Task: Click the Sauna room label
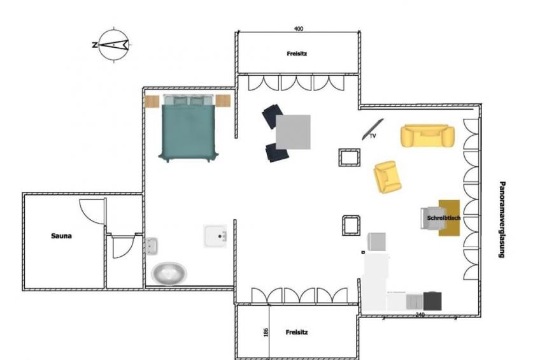click(x=61, y=236)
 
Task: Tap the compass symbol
click(x=113, y=45)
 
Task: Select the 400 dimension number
click(x=299, y=29)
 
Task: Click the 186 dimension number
click(x=266, y=333)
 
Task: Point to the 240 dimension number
click(x=420, y=315)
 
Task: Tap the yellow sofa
click(x=427, y=136)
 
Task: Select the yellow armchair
click(x=387, y=177)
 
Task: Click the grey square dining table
click(x=293, y=132)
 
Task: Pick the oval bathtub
click(x=169, y=273)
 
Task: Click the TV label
click(x=373, y=136)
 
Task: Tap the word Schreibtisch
click(x=444, y=218)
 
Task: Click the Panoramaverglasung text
click(x=502, y=219)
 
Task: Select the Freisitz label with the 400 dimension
click(x=297, y=54)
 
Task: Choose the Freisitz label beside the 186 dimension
click(x=297, y=333)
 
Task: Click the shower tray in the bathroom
click(x=215, y=236)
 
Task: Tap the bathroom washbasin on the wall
click(x=151, y=245)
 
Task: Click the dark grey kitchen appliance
click(x=432, y=301)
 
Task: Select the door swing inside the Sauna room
click(x=92, y=210)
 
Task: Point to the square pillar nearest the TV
click(x=350, y=157)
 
